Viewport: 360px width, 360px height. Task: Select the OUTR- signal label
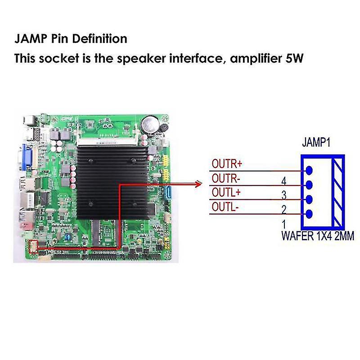click(226, 179)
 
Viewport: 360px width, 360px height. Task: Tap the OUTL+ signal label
click(226, 193)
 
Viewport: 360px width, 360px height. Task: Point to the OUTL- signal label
click(225, 207)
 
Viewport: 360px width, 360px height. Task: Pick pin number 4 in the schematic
click(284, 181)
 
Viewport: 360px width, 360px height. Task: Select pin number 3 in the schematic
click(284, 195)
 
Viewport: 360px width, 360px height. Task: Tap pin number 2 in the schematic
click(284, 209)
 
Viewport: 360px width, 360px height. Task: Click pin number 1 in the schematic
click(284, 224)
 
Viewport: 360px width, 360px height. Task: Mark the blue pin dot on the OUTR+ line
click(309, 171)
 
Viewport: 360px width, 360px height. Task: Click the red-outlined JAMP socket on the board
click(32, 247)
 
